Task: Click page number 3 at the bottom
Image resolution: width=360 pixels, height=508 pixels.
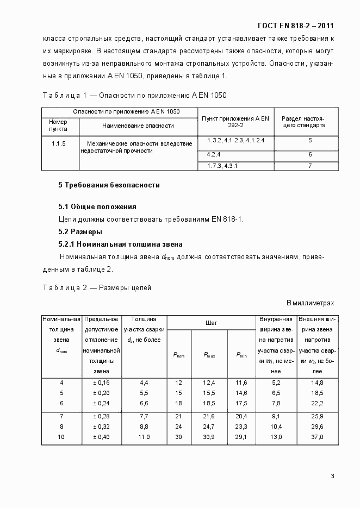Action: [332, 476]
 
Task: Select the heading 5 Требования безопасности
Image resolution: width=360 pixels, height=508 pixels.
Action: [109, 185]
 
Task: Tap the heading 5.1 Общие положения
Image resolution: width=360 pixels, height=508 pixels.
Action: [97, 207]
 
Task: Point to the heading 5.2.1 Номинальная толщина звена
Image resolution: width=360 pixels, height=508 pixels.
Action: [120, 244]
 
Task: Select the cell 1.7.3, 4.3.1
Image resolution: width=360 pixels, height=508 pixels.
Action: [222, 166]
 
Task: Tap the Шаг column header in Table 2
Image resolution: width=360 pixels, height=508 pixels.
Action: [211, 323]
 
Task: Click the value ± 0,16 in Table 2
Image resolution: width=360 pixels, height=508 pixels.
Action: [101, 382]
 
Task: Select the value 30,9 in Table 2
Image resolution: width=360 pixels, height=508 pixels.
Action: [209, 437]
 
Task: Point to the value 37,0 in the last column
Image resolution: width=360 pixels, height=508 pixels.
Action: [318, 437]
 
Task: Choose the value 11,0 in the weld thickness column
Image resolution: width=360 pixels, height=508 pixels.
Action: [144, 437]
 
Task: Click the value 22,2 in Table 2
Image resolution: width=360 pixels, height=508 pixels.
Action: [318, 403]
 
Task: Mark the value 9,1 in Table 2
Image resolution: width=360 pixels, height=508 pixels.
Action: [276, 416]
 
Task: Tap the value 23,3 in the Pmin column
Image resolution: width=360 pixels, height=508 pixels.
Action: [242, 427]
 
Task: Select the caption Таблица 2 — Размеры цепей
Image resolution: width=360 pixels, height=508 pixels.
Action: [97, 287]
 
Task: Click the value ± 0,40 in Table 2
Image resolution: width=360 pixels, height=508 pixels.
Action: [101, 437]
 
